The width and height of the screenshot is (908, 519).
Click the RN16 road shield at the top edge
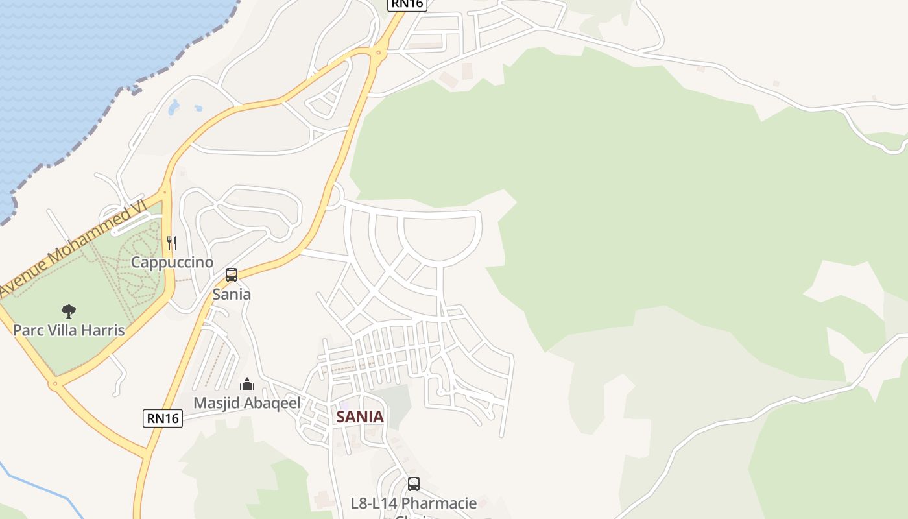[407, 4]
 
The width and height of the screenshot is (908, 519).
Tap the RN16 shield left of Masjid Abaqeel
[163, 418]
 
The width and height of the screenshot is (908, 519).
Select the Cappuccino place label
[172, 262]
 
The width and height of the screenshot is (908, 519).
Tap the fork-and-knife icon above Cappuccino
[172, 243]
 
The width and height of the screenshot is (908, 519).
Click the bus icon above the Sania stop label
[232, 275]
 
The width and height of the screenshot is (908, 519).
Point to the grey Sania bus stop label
[232, 294]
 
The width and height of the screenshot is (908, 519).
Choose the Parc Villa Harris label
[69, 330]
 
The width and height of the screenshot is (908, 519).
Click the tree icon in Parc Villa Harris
[68, 311]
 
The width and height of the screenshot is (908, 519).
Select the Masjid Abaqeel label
[246, 403]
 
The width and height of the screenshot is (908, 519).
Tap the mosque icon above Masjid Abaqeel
[247, 384]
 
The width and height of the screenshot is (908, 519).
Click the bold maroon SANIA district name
[360, 416]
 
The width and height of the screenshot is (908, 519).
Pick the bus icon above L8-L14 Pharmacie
[414, 484]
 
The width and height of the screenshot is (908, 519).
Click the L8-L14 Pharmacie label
[414, 503]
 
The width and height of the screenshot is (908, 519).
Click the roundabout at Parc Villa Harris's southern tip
[55, 384]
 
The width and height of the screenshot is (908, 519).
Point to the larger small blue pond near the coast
[174, 107]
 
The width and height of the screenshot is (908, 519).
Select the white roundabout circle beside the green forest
[333, 194]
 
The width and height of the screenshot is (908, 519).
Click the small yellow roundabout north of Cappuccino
[165, 192]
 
